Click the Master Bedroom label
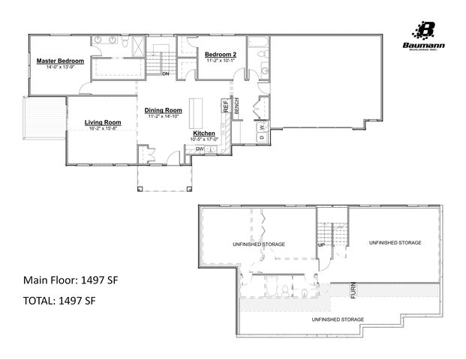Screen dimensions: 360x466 60,61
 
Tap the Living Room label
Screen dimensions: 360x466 103,121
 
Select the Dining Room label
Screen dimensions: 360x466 164,110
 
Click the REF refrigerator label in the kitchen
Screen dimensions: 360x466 224,106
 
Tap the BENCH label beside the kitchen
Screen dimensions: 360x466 236,106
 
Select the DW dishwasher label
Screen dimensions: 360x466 200,148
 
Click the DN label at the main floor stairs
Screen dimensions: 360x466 164,73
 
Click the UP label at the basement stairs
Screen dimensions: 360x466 322,245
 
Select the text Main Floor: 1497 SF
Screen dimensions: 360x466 71,280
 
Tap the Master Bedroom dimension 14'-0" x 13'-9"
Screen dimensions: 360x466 60,68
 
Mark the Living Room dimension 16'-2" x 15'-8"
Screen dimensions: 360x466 103,128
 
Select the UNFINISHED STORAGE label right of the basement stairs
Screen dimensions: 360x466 394,243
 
